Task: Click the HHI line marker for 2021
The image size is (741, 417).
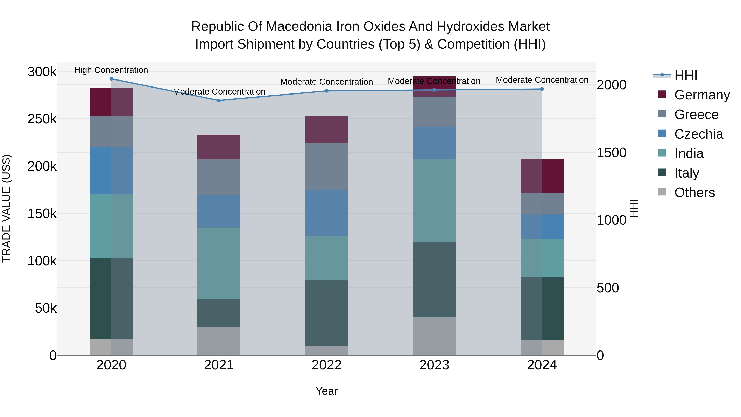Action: [219, 100]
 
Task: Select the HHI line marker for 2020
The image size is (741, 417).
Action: [111, 79]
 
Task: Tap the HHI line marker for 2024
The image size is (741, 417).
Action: [542, 89]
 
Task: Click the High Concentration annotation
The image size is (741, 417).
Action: [111, 70]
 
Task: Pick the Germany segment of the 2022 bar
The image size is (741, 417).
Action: [326, 130]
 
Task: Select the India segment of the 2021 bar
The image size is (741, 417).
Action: [219, 263]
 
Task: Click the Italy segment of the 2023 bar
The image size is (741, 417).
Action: [434, 280]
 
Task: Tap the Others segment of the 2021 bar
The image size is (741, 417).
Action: [219, 341]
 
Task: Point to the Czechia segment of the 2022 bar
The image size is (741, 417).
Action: [326, 213]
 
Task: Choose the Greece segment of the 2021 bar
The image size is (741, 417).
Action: [219, 177]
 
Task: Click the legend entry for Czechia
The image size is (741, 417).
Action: [698, 134]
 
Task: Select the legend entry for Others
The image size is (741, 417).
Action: [694, 193]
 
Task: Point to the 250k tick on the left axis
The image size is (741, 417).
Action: [42, 119]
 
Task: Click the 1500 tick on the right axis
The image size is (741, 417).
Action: [611, 153]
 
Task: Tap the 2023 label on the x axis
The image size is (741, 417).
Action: [434, 365]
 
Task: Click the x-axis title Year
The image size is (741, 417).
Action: [326, 391]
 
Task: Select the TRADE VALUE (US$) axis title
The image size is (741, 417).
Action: [6, 208]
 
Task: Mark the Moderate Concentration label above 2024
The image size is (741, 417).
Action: [542, 80]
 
